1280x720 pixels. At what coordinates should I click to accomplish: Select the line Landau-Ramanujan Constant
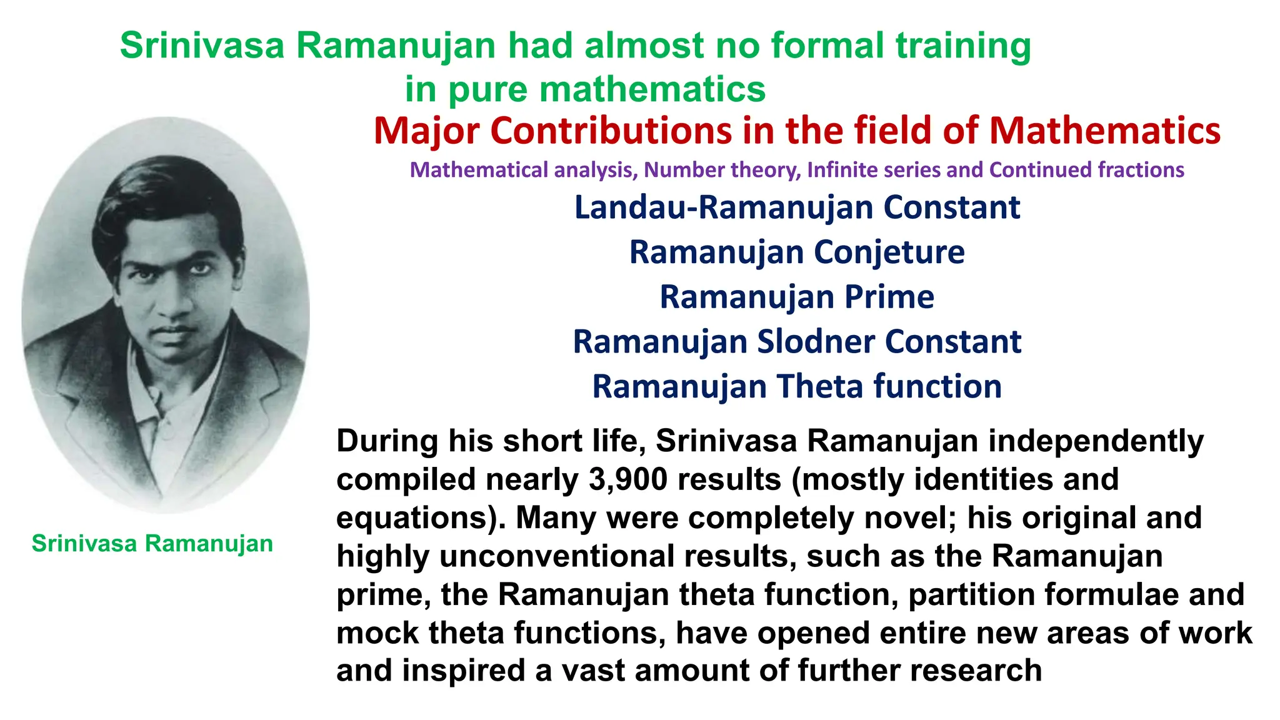click(x=797, y=207)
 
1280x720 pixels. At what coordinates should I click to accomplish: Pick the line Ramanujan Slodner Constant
click(x=797, y=342)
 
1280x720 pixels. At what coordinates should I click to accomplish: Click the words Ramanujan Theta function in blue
click(x=797, y=386)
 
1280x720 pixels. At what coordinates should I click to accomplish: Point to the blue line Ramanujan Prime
click(x=797, y=297)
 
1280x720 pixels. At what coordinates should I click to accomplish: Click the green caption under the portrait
click(x=152, y=544)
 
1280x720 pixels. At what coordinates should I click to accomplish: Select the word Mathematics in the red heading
click(x=1104, y=131)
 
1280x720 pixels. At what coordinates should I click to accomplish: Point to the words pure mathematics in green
click(x=606, y=89)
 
